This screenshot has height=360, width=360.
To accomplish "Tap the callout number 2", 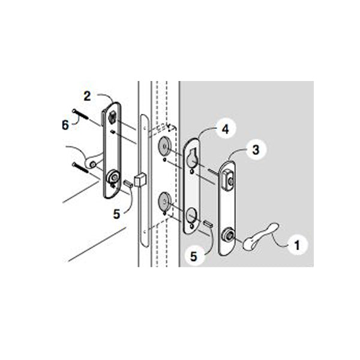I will click(87, 95).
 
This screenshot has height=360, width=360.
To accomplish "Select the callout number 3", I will click(256, 150).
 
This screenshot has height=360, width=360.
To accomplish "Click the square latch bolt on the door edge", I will click(140, 179).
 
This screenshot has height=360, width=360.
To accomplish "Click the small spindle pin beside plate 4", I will click(208, 224).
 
